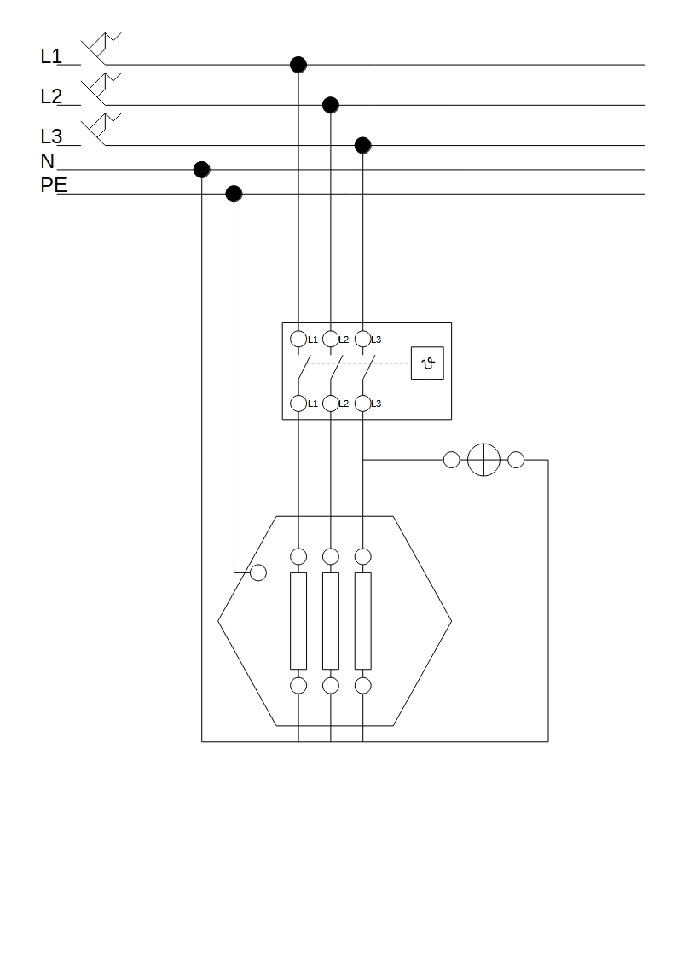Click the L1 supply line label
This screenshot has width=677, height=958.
pyautogui.click(x=51, y=57)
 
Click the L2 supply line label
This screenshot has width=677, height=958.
pyautogui.click(x=51, y=97)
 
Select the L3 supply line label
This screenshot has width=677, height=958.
pyautogui.click(x=51, y=136)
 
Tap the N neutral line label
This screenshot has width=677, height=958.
pyautogui.click(x=47, y=161)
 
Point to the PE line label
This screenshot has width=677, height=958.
pyautogui.click(x=54, y=185)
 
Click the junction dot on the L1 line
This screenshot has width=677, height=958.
pyautogui.click(x=298, y=65)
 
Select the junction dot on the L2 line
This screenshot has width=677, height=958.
pyautogui.click(x=331, y=105)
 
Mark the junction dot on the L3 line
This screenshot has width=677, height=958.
pyautogui.click(x=363, y=145)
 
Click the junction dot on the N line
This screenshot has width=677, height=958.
pyautogui.click(x=202, y=169)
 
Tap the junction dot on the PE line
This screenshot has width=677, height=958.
pyautogui.click(x=234, y=194)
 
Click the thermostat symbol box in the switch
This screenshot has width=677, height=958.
pyautogui.click(x=427, y=363)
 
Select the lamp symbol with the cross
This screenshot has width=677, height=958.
pyautogui.click(x=483, y=460)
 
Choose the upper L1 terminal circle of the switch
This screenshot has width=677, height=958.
pyautogui.click(x=298, y=339)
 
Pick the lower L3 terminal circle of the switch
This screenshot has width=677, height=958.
pyautogui.click(x=363, y=403)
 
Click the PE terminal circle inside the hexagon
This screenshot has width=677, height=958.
pyautogui.click(x=258, y=572)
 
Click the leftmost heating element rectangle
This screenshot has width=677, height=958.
pyautogui.click(x=298, y=620)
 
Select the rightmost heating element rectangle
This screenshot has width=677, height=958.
pyautogui.click(x=363, y=620)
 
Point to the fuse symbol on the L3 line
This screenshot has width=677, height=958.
pyautogui.click(x=101, y=129)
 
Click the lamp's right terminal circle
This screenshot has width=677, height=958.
pyautogui.click(x=516, y=460)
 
